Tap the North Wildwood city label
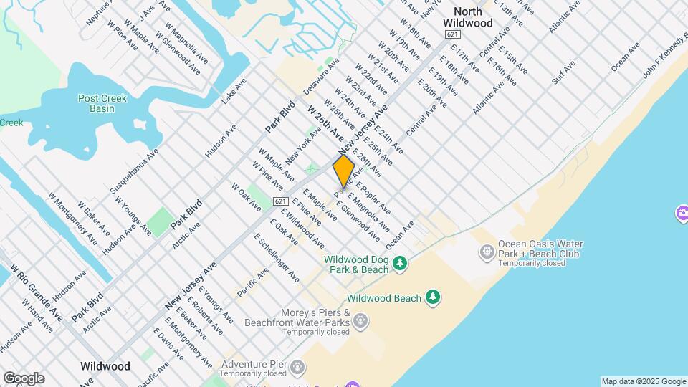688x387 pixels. point(473,17)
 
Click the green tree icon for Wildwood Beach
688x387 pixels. point(432,297)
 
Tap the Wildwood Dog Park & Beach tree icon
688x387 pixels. point(401,264)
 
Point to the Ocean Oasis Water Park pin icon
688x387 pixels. point(487,251)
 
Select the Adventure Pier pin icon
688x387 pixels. point(297,368)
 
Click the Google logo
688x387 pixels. point(24,378)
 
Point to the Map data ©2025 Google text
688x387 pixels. point(644,381)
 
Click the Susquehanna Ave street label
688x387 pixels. point(134,172)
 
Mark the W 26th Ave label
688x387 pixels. point(327,123)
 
